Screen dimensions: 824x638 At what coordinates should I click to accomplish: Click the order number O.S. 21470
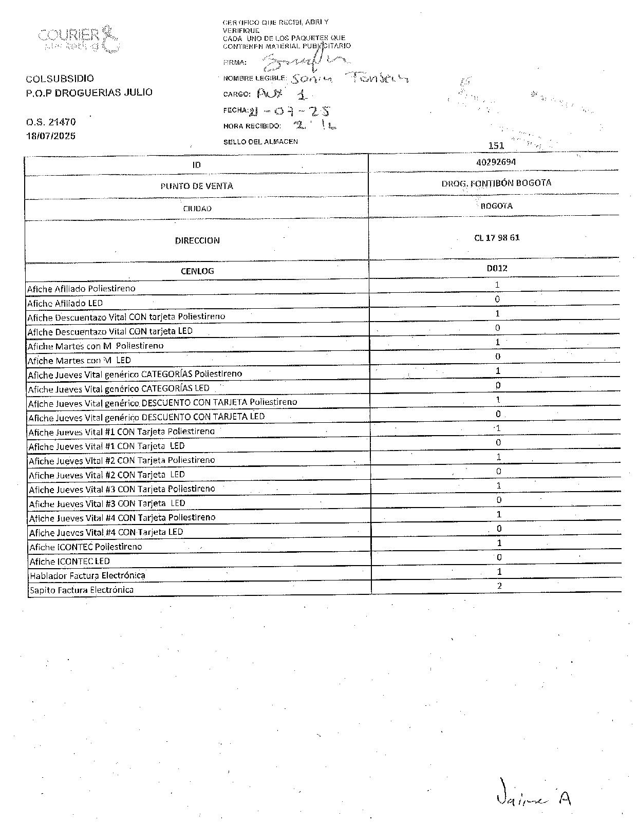51,122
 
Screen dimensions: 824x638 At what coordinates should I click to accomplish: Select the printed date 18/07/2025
51,136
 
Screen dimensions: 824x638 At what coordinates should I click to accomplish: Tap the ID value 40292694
496,162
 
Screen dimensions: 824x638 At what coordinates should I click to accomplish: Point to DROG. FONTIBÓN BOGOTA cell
496,183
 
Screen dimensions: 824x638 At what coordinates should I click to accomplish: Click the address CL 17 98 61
497,238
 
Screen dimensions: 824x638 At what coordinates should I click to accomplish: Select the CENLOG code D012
497,268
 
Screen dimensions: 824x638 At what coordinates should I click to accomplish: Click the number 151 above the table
496,145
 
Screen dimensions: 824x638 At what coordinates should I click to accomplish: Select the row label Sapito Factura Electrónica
81,590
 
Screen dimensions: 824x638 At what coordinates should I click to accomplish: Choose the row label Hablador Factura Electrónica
87,575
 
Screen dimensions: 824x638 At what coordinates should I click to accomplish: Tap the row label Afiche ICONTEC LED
69,561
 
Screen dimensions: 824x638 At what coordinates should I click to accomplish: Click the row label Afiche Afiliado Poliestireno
81,289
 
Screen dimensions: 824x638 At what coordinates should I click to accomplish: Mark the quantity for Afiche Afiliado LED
497,299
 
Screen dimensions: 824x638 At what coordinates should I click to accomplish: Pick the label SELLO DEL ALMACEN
260,142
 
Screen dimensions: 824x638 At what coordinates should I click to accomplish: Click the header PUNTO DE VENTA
197,186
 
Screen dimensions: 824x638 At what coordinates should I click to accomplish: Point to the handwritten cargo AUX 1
282,94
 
